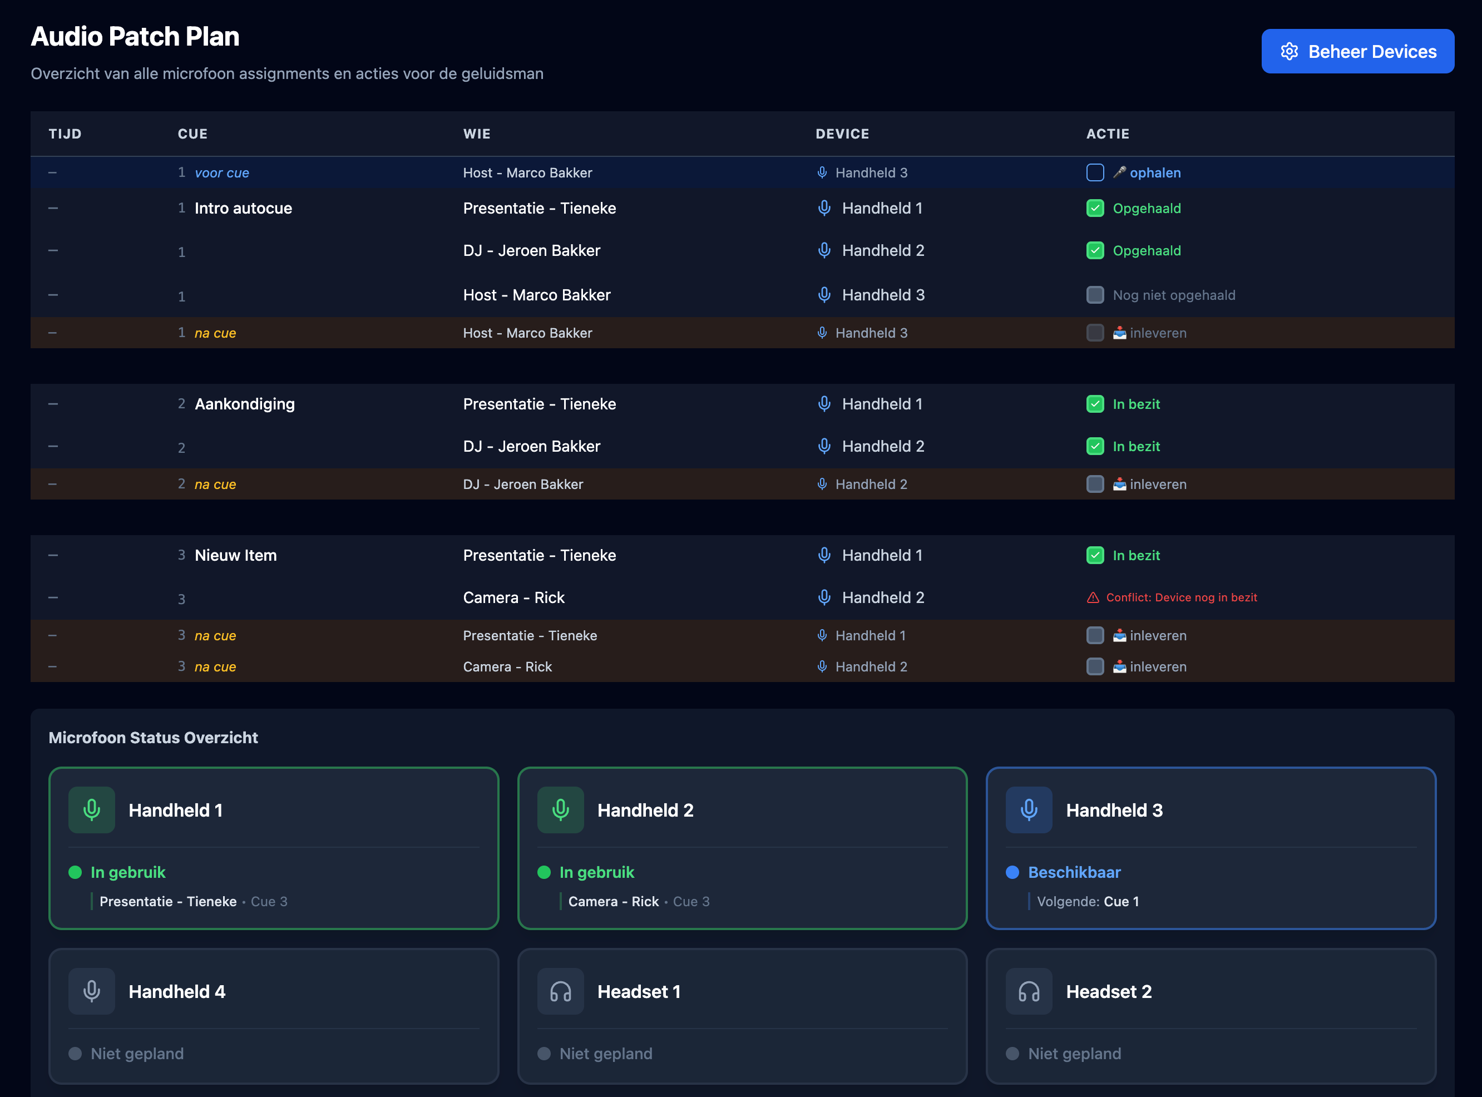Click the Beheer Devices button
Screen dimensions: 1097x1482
click(x=1357, y=51)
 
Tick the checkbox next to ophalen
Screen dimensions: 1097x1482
click(x=1095, y=172)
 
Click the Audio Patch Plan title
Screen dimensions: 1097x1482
click(x=135, y=37)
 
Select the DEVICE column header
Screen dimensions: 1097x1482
click(x=842, y=134)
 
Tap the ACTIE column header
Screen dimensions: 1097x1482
click(x=1108, y=134)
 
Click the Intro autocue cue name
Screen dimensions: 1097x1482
click(x=243, y=209)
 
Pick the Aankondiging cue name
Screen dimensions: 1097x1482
click(x=244, y=404)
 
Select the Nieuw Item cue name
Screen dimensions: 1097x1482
click(x=236, y=556)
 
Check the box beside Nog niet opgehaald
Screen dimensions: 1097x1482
click(x=1095, y=295)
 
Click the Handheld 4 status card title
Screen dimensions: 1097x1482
click(x=176, y=991)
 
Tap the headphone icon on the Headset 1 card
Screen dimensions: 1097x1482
click(x=560, y=991)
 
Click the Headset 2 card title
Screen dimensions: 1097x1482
click(x=1108, y=991)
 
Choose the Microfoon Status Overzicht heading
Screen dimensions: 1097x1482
click(x=153, y=738)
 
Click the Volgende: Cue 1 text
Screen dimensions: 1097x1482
click(x=1088, y=902)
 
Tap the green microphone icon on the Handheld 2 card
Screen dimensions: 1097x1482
click(x=560, y=810)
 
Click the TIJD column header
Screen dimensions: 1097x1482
click(x=65, y=134)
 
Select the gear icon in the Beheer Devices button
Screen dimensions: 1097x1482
click(x=1289, y=51)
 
